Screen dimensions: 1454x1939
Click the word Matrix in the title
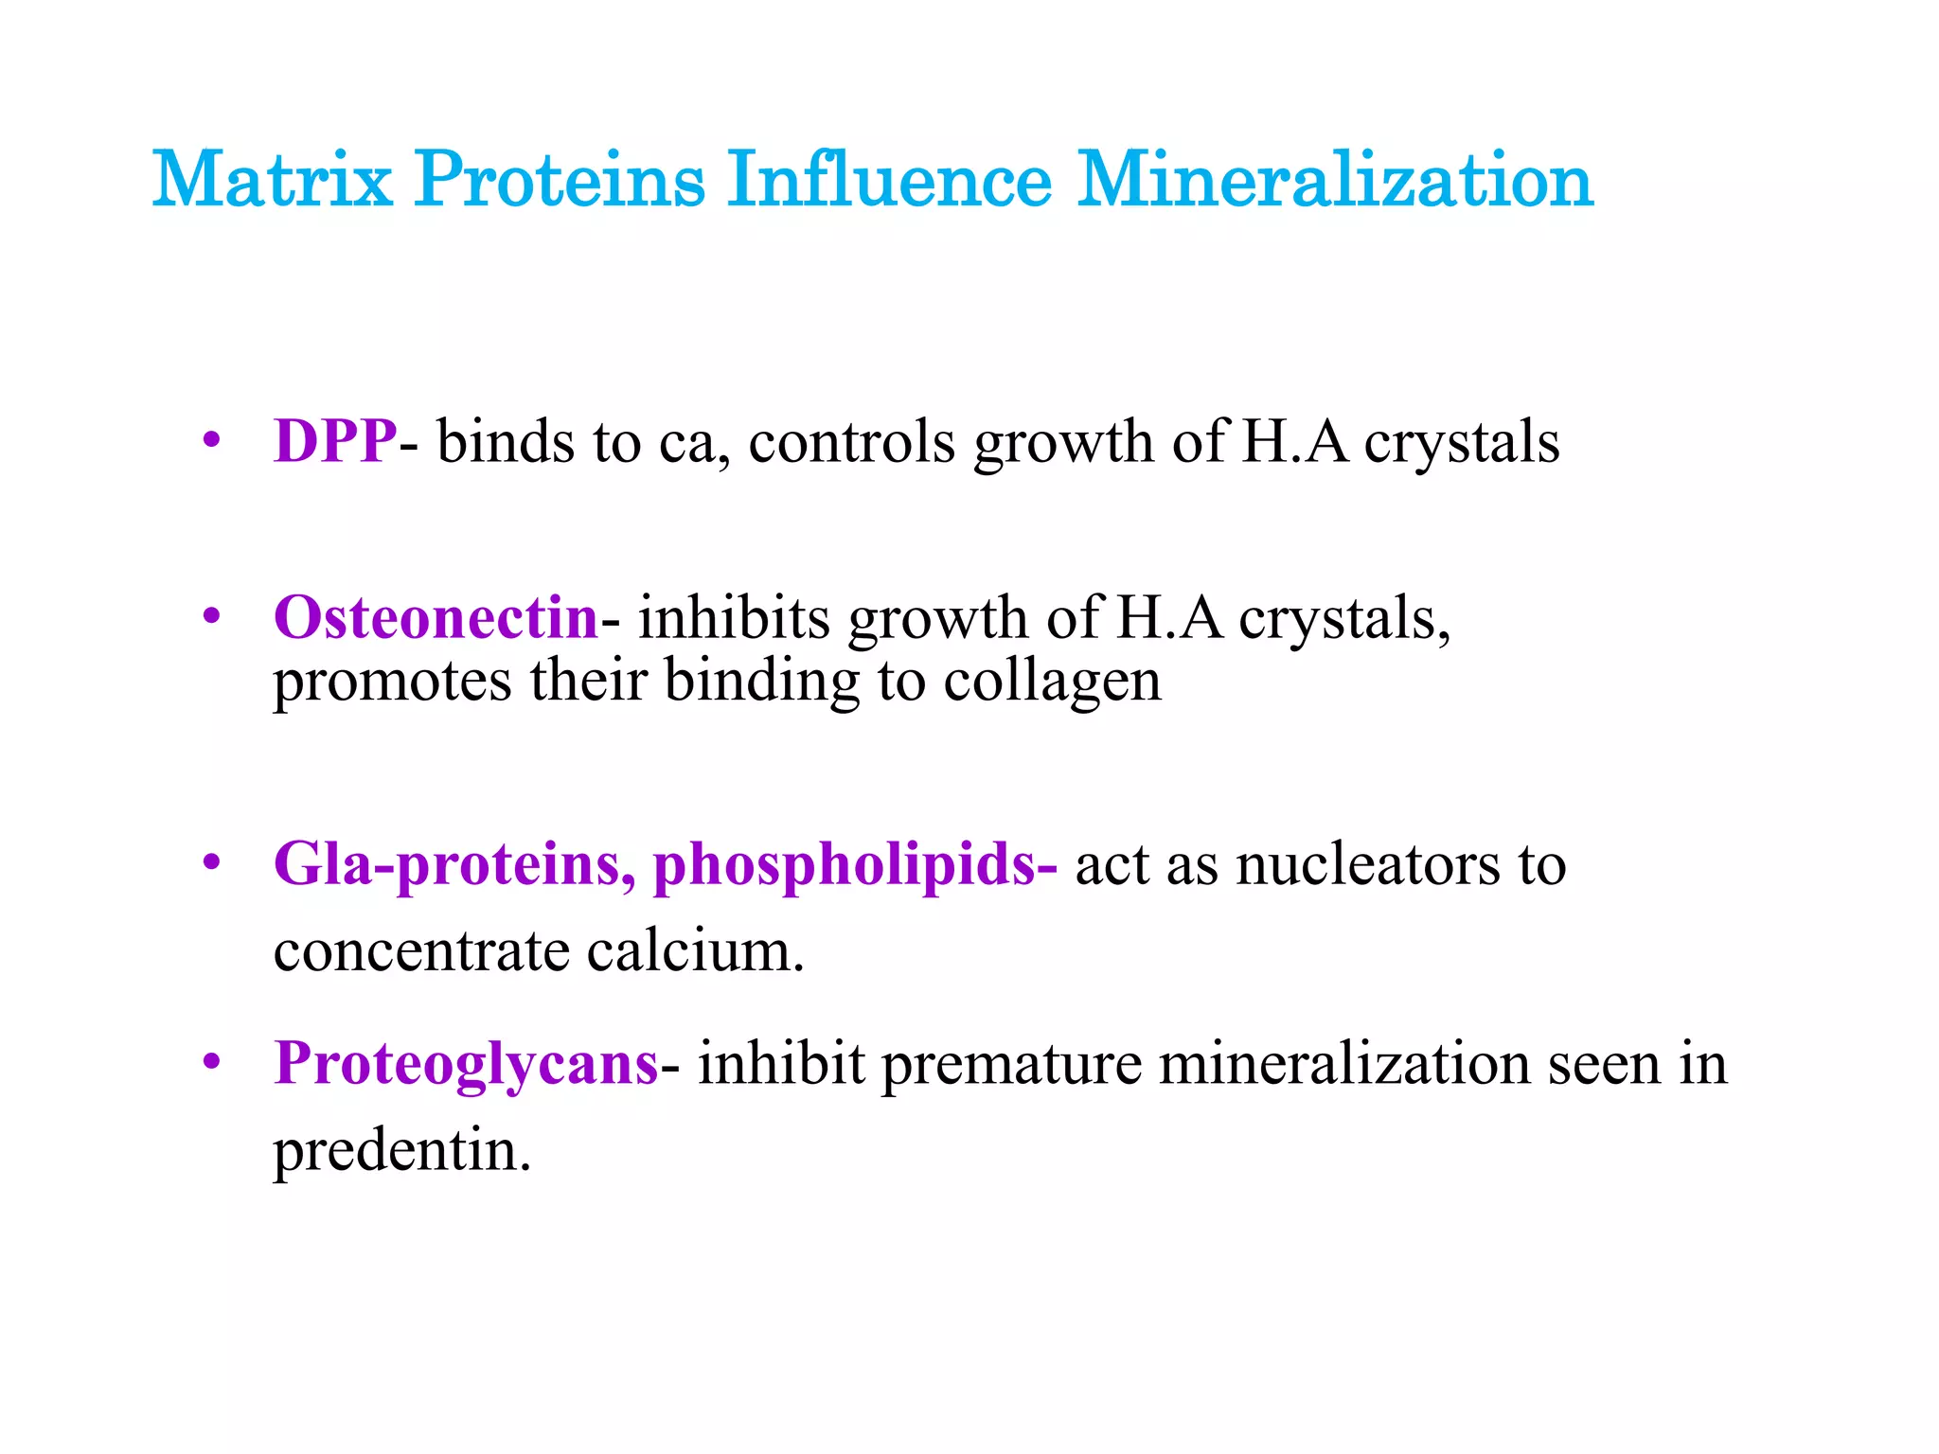pos(272,179)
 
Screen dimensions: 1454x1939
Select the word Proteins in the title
pos(560,179)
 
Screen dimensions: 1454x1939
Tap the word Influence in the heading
pos(889,179)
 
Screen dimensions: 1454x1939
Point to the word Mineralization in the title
pos(1335,179)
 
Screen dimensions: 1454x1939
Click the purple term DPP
pos(335,441)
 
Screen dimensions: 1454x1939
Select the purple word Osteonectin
pos(436,617)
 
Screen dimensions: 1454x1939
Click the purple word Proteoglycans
pos(466,1063)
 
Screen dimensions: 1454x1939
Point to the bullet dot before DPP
pos(212,440)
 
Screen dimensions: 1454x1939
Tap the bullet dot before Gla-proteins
pos(212,863)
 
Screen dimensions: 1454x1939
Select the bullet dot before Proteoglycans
pos(212,1062)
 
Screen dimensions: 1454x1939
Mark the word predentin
pos(401,1151)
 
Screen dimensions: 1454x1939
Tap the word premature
pos(1011,1063)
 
